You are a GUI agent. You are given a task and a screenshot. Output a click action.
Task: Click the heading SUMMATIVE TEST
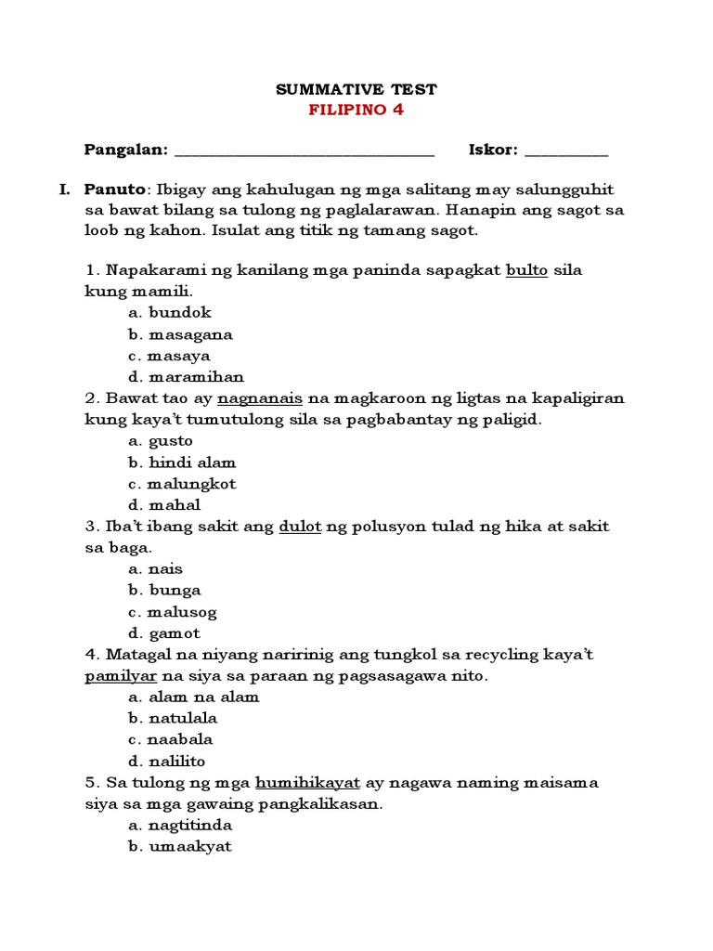[x=356, y=90]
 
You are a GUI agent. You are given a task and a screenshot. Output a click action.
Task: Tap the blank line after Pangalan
[x=304, y=150]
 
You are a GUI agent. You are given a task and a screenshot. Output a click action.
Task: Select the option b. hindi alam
[x=183, y=462]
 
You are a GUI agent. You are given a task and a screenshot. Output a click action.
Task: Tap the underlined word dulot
[x=300, y=527]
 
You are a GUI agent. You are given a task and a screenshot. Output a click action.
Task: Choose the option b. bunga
[x=165, y=591]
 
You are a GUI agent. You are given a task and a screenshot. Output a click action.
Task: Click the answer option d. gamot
[x=165, y=633]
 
